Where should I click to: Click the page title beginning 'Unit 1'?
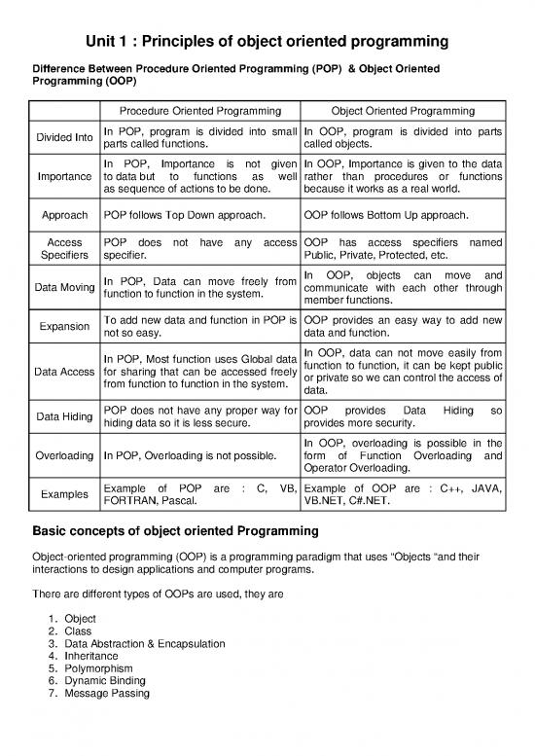click(x=267, y=42)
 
